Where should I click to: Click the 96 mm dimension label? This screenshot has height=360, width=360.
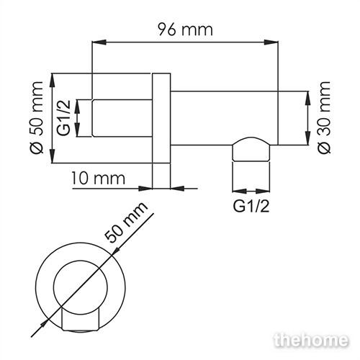185,30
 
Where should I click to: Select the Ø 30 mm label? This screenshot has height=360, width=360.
324,117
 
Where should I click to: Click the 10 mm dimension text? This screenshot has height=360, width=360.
98,179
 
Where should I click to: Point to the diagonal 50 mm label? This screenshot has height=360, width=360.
126,222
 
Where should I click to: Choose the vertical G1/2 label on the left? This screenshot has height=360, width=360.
63,118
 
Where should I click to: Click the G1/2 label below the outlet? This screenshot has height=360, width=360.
251,206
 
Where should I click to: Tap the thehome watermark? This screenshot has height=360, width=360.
311,340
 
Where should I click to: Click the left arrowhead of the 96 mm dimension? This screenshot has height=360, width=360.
99,42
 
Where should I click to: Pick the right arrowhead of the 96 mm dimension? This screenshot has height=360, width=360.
271,42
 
